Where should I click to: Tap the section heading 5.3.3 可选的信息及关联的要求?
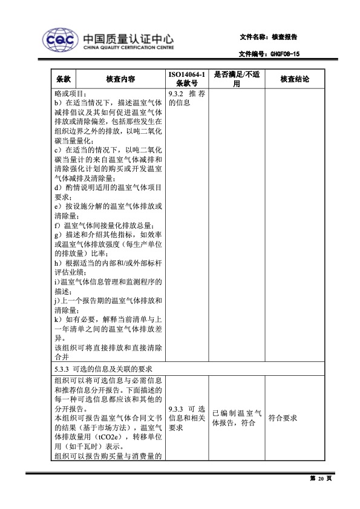(103, 369)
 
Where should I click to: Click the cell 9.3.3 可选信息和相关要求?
(187, 418)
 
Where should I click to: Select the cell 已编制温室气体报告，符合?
(237, 418)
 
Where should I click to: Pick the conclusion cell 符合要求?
(282, 418)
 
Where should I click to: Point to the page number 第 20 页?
(321, 479)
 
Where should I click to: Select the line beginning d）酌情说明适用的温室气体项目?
(108, 188)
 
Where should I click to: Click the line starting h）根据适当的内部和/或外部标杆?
(108, 263)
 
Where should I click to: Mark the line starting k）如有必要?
(108, 319)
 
